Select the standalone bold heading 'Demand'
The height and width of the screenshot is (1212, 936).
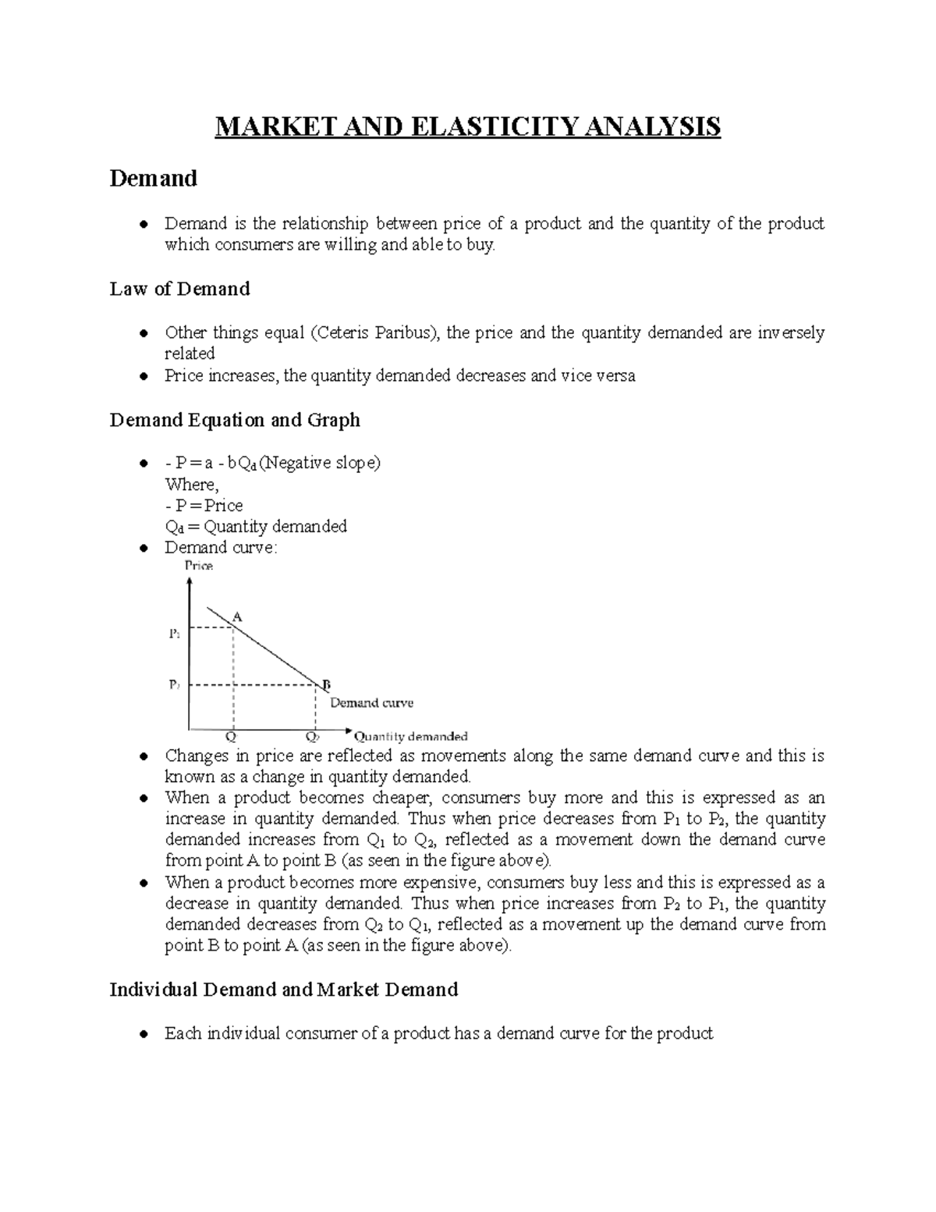(x=153, y=179)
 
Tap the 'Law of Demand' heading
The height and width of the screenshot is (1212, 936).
(x=179, y=289)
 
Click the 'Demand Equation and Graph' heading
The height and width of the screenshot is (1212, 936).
(x=235, y=420)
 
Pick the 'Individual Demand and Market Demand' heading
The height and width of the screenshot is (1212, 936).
(x=283, y=990)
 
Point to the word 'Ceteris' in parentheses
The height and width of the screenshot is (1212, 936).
(x=346, y=333)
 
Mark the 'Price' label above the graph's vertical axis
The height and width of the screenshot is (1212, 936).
(x=199, y=566)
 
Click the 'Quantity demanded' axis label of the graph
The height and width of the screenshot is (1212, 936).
(x=411, y=736)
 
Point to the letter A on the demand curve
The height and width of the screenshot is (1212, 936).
(x=238, y=617)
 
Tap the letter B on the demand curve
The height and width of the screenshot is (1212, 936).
(x=326, y=685)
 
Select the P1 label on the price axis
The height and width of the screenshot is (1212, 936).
(x=174, y=634)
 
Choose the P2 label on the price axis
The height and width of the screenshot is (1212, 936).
(x=174, y=684)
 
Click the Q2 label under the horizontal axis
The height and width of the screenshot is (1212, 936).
(x=312, y=736)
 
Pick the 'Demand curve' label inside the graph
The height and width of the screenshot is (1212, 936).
(x=371, y=702)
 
